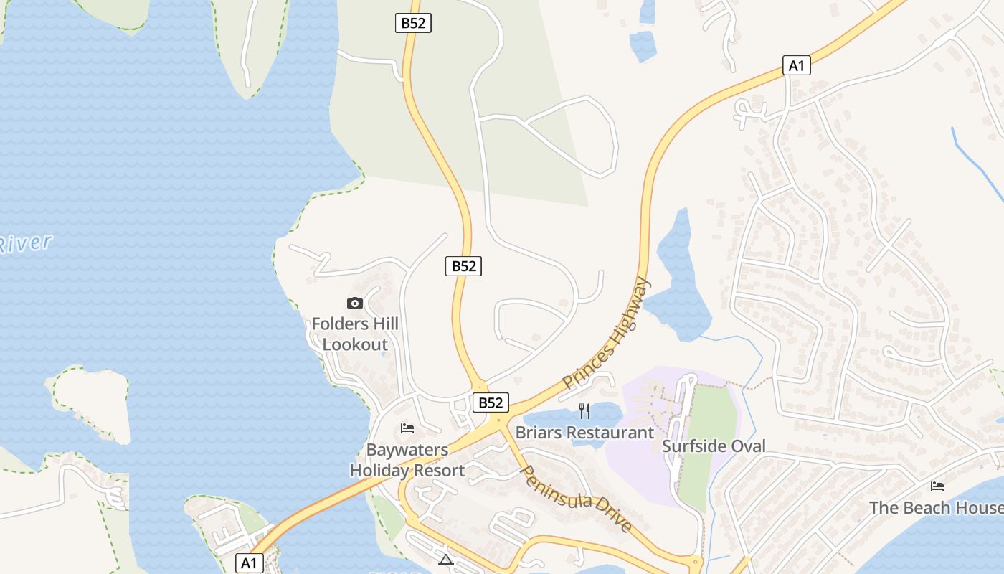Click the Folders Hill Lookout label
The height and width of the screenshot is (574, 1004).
(355, 334)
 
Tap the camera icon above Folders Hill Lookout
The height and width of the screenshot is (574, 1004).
(355, 304)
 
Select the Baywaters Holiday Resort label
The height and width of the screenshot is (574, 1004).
(407, 461)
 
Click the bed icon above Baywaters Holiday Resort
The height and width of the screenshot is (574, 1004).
(407, 429)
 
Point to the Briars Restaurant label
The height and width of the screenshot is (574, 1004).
(584, 433)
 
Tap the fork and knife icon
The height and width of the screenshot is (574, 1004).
(584, 411)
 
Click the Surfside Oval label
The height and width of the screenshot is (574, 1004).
(714, 446)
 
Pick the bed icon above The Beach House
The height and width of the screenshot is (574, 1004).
(937, 486)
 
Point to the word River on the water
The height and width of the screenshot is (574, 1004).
(26, 243)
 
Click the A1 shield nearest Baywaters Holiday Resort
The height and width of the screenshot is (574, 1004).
(248, 563)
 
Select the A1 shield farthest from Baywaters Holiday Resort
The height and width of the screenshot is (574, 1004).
(797, 66)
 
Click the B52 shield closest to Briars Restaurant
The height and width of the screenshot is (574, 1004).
(491, 403)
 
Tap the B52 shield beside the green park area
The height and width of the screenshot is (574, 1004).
(413, 23)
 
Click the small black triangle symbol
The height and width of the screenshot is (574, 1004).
(446, 560)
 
